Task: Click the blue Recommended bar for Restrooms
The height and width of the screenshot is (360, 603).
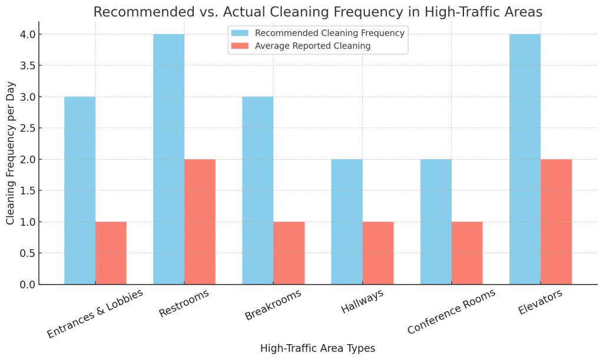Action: (168, 159)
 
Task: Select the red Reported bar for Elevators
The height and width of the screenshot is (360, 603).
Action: (556, 222)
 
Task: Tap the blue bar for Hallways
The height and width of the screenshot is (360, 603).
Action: (347, 222)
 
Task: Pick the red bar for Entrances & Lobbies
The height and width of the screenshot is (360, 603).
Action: (111, 253)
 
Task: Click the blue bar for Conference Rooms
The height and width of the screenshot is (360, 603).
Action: (436, 222)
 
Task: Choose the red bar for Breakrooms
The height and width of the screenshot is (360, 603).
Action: (289, 253)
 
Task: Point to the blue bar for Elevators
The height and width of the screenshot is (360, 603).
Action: (525, 159)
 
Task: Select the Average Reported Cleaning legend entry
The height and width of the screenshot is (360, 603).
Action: (313, 46)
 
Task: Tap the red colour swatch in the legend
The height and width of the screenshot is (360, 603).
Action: (240, 46)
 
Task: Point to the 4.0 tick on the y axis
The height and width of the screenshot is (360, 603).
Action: (27, 35)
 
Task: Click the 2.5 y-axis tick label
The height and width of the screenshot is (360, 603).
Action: (27, 128)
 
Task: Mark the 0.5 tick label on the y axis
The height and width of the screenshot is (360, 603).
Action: (27, 253)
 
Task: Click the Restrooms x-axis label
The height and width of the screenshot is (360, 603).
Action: (184, 304)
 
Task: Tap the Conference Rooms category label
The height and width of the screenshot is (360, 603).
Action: (452, 312)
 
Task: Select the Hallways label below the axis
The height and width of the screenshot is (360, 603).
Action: (363, 302)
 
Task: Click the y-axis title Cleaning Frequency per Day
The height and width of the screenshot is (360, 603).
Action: (11, 153)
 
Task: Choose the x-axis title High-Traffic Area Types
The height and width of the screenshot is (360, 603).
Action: (317, 348)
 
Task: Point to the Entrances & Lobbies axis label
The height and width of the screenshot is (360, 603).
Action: (95, 313)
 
